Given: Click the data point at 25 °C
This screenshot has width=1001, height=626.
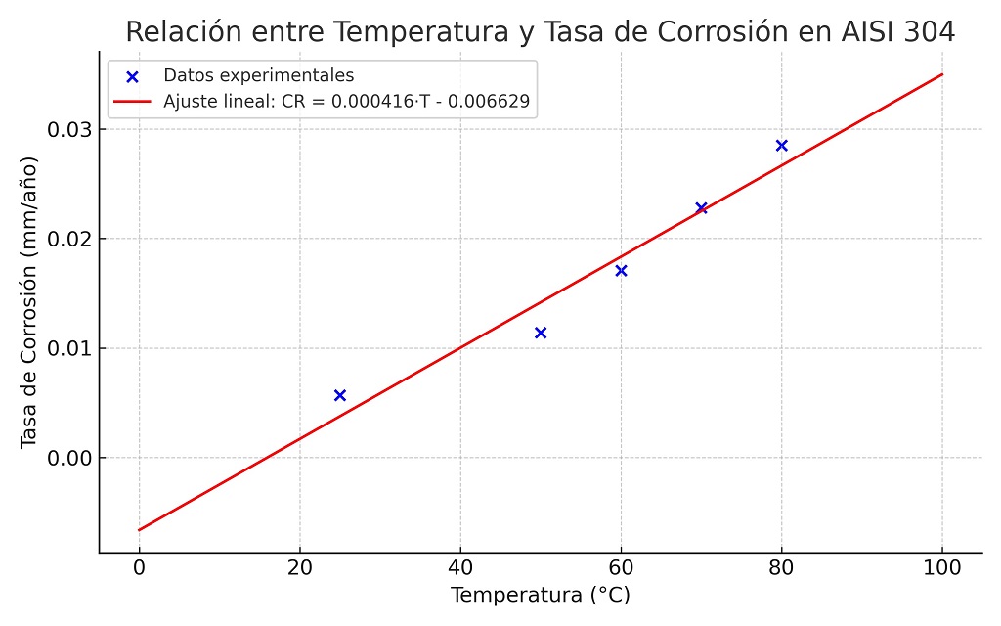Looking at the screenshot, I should pyautogui.click(x=340, y=395).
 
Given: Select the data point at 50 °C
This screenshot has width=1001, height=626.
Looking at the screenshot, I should pyautogui.click(x=541, y=333).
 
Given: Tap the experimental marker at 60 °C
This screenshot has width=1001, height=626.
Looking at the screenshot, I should pyautogui.click(x=621, y=270).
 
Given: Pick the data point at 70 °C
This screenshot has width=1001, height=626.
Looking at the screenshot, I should pyautogui.click(x=701, y=207).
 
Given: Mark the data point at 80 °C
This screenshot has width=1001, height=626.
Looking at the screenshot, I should pyautogui.click(x=781, y=145).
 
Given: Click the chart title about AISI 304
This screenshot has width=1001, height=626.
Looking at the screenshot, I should pyautogui.click(x=540, y=31).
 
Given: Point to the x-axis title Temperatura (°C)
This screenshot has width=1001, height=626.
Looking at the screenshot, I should pyautogui.click(x=540, y=595).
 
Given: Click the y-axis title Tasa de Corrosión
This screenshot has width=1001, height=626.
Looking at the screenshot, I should pyautogui.click(x=29, y=304).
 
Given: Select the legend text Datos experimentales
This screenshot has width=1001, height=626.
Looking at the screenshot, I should pyautogui.click(x=258, y=75).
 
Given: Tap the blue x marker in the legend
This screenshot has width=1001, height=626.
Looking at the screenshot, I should pyautogui.click(x=133, y=75).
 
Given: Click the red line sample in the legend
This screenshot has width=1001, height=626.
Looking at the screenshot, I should pyautogui.click(x=133, y=100).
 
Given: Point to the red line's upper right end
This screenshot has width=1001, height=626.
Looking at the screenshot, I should pyautogui.click(x=942, y=73).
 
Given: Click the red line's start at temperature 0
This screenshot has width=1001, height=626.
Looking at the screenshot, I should pyautogui.click(x=139, y=530).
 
